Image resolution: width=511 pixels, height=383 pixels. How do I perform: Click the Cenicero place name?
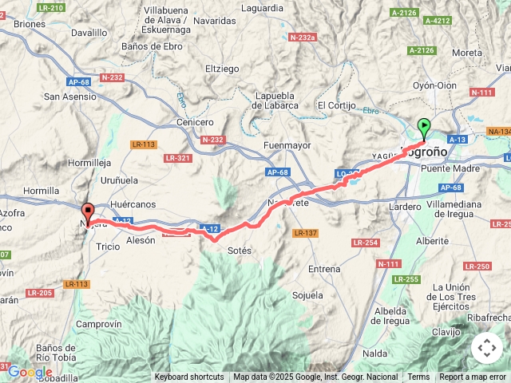[195, 122]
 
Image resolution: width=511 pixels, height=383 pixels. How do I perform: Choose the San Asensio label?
[70, 97]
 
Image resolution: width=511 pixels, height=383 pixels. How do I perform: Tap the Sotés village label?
[240, 251]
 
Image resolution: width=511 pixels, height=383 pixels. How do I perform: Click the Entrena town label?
[324, 269]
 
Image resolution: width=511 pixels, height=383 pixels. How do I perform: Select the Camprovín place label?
[98, 324]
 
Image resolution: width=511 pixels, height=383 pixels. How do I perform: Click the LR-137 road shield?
[305, 233]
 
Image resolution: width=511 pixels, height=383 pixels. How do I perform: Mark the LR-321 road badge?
[177, 158]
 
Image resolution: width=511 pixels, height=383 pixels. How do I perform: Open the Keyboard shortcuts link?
[189, 377]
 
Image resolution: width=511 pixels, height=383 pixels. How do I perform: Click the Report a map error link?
[473, 377]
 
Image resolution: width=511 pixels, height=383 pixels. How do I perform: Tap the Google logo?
[30, 372]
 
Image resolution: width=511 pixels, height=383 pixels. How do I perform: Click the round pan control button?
[486, 348]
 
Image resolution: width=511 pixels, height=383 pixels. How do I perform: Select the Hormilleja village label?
[90, 162]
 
